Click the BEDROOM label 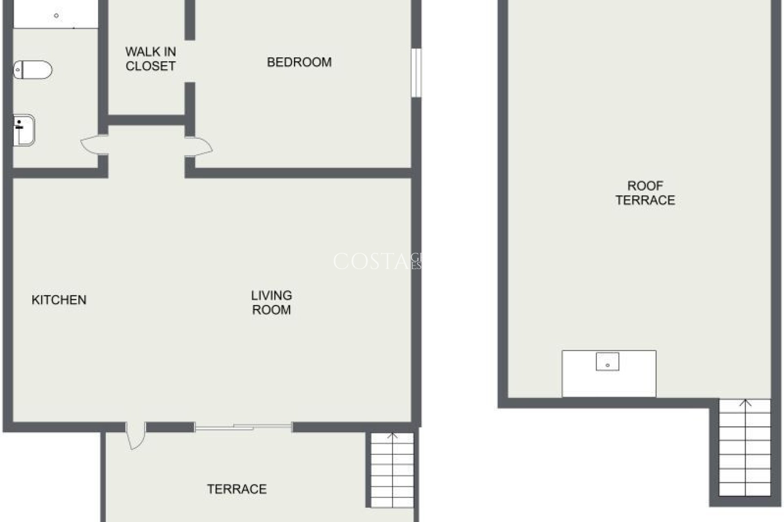tap(299, 62)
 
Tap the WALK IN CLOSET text tap(150, 59)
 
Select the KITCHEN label tap(59, 300)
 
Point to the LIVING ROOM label tap(272, 303)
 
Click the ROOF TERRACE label tap(645, 193)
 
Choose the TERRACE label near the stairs tap(237, 489)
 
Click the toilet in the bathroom tap(33, 70)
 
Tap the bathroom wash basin tap(24, 130)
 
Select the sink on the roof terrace tap(607, 362)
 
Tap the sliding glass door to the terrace tap(243, 427)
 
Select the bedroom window tap(416, 73)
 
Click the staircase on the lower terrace tap(392, 471)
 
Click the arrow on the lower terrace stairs tap(392, 436)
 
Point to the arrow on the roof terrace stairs tap(746, 403)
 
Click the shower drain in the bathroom tap(56, 16)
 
